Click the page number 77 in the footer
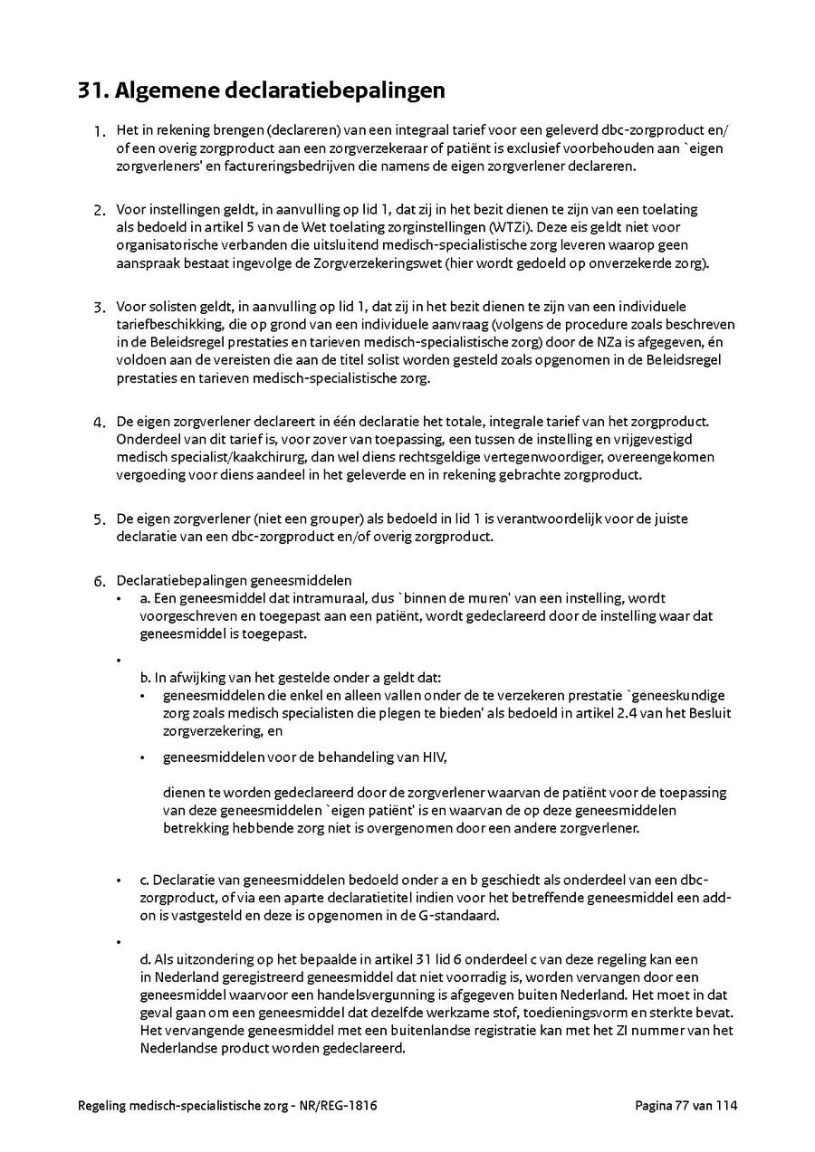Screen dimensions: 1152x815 (x=678, y=1106)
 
